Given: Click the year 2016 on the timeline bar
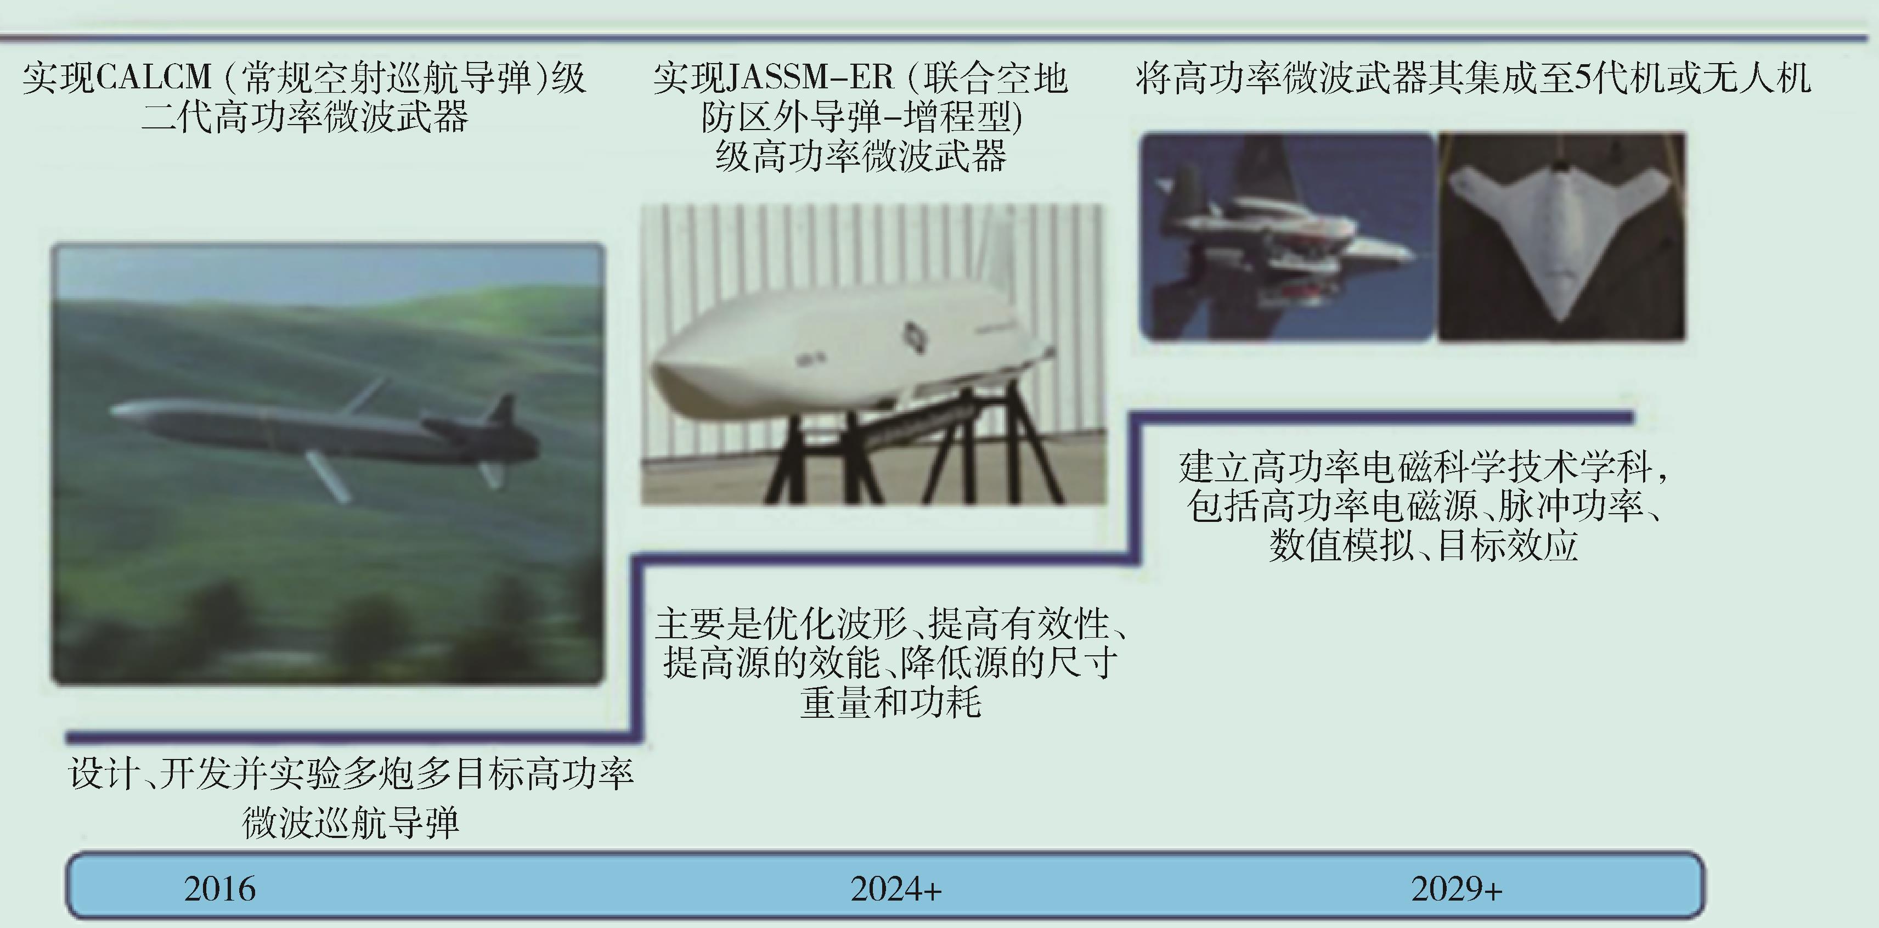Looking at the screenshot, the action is pyautogui.click(x=219, y=888).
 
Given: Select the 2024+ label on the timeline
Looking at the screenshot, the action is pyautogui.click(x=896, y=888).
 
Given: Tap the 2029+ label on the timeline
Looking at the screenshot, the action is pyautogui.click(x=1457, y=888).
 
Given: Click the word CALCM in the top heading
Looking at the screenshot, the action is pyautogui.click(x=153, y=77).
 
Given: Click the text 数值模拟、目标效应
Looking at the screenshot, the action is pyautogui.click(x=1423, y=545).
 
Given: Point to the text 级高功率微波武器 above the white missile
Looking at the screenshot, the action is pyautogui.click(x=861, y=156).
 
